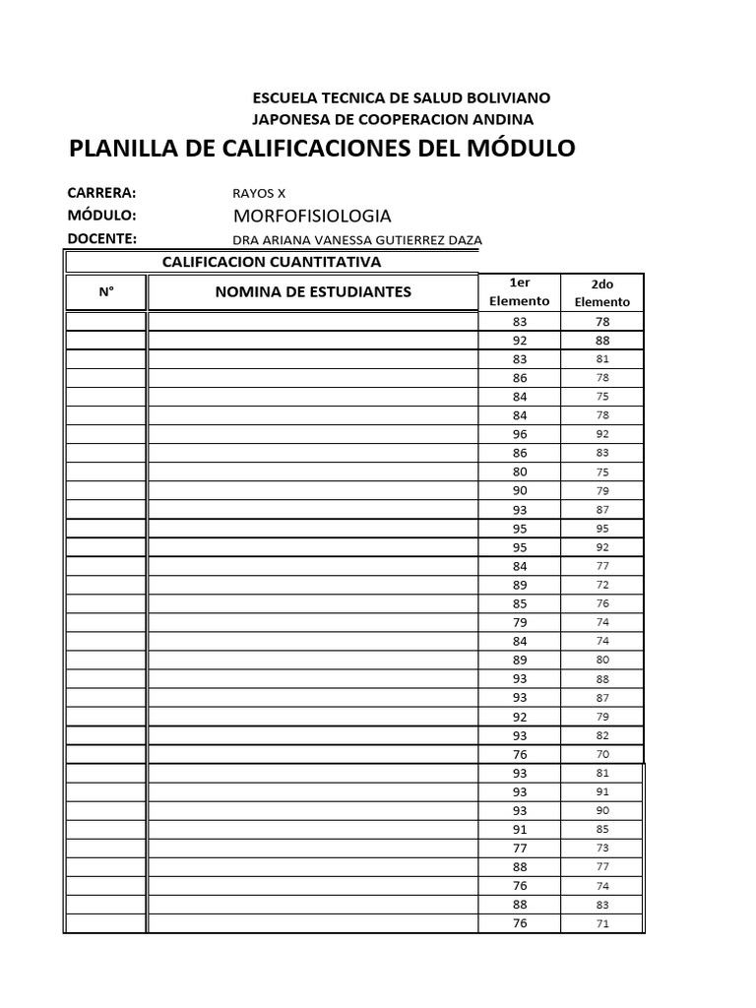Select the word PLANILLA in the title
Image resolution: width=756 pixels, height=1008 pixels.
click(126, 149)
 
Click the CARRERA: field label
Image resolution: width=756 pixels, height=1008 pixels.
click(101, 192)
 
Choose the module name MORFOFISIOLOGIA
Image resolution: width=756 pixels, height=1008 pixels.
click(312, 216)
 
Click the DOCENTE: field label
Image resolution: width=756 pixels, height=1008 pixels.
click(101, 238)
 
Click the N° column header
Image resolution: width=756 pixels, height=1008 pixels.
click(106, 291)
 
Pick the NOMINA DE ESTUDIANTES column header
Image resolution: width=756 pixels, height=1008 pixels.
click(313, 291)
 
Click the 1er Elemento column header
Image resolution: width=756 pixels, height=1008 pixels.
click(519, 291)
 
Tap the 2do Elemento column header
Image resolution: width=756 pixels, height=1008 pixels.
click(602, 292)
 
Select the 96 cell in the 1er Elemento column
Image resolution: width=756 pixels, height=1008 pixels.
click(520, 434)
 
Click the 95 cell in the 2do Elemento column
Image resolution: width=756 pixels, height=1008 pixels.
click(602, 529)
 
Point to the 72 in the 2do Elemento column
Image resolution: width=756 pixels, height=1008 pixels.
click(602, 585)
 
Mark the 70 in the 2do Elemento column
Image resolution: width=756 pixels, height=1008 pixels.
click(602, 754)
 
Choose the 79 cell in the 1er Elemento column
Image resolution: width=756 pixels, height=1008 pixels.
click(520, 622)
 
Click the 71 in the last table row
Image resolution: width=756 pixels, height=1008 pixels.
click(602, 923)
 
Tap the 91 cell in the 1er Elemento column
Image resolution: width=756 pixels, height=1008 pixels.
click(520, 829)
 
